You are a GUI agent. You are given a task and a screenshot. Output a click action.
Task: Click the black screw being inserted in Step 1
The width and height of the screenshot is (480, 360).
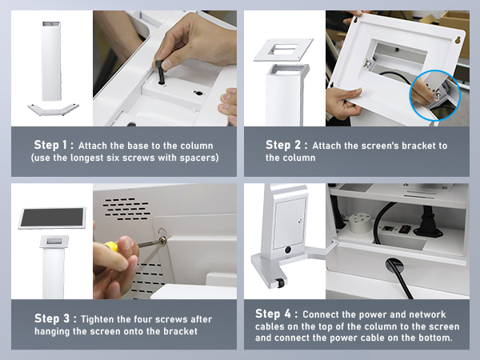pos(160,72)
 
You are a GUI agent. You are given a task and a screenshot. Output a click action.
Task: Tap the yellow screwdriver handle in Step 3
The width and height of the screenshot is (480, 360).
pos(111,246)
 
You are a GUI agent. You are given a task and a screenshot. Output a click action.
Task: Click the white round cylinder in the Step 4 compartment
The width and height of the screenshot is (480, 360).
pos(360,222)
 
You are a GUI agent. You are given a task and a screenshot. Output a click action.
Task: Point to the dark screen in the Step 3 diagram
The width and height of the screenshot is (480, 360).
pos(52,218)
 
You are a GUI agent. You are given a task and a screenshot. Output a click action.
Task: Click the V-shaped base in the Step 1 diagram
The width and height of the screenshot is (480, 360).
pos(54,110)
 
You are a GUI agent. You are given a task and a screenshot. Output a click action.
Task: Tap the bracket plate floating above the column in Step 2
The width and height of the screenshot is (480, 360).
pos(283,50)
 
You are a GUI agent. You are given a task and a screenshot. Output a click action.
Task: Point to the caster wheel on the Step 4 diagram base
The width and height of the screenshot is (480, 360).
pos(280,282)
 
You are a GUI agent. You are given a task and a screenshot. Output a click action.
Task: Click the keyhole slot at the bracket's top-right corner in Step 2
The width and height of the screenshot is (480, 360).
pos(458,40)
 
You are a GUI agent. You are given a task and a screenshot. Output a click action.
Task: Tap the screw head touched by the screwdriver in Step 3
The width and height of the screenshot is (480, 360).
pos(163,241)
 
